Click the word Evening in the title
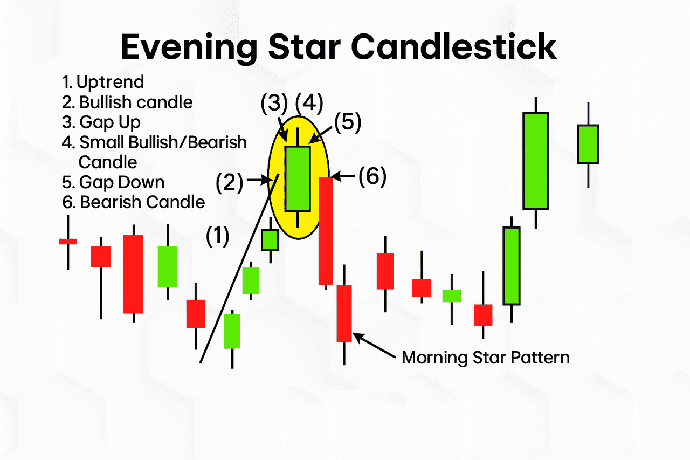click(x=189, y=48)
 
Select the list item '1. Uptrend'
click(x=103, y=83)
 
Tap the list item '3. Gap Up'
click(x=101, y=122)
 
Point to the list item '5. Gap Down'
click(x=113, y=182)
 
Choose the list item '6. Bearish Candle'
click(x=133, y=202)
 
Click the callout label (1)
click(x=217, y=236)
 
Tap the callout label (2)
click(x=230, y=183)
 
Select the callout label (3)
click(x=274, y=102)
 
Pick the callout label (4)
click(x=309, y=102)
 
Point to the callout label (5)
click(x=348, y=122)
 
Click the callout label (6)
click(x=372, y=176)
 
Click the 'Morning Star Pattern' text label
click(x=486, y=358)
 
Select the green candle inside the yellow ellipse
click(x=298, y=178)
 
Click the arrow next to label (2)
click(x=258, y=180)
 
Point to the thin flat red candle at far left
click(x=68, y=242)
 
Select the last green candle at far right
click(x=588, y=144)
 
